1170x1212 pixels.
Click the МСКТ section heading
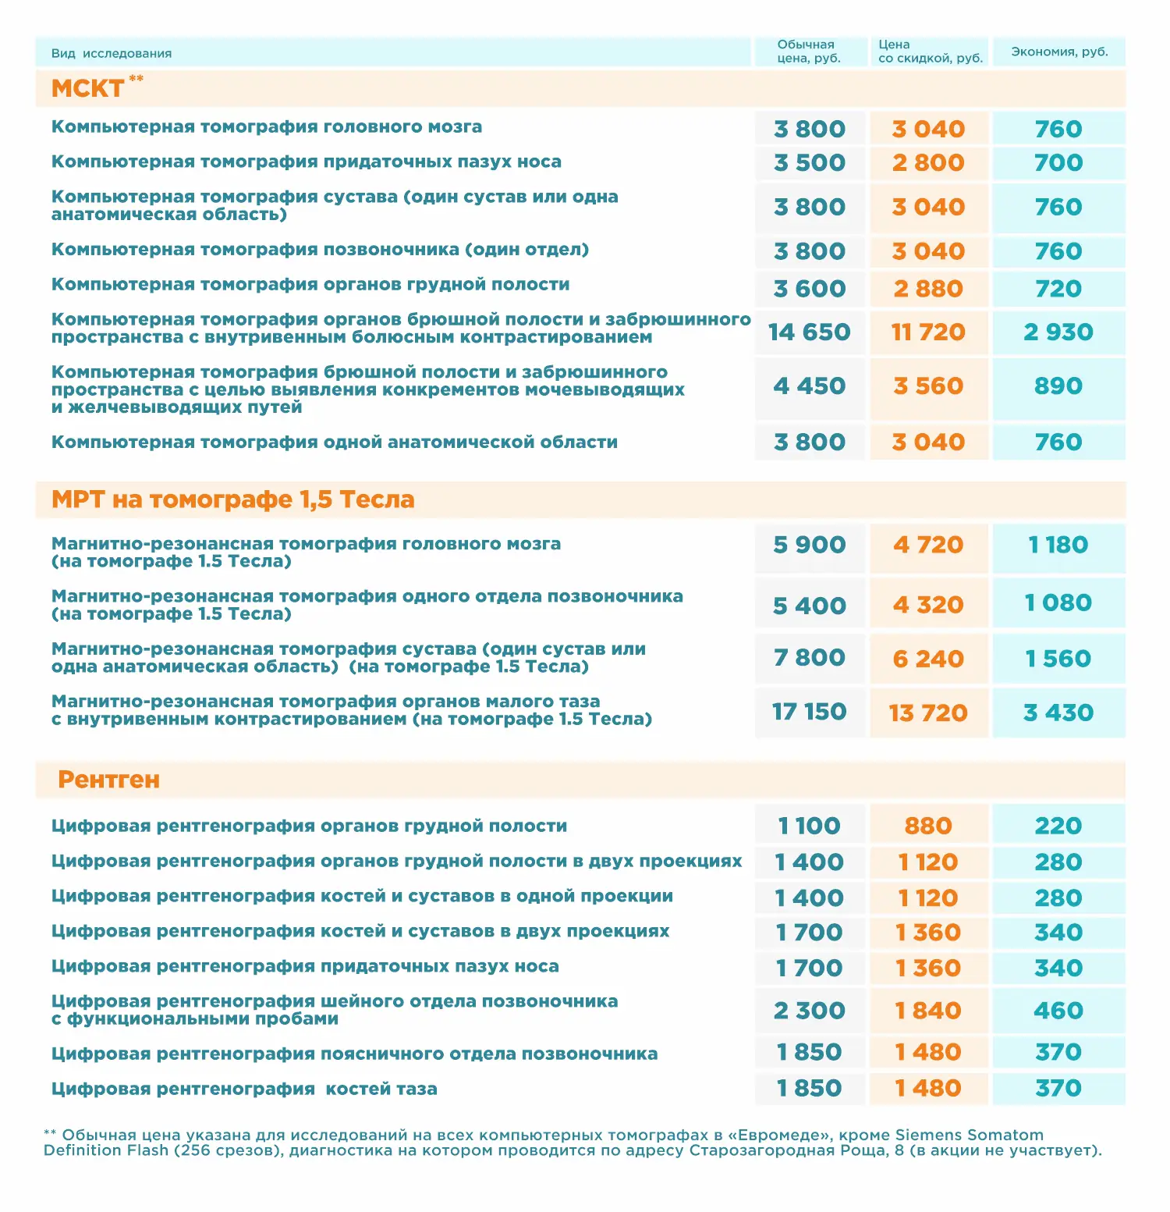click(x=87, y=88)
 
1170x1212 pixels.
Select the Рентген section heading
click(x=108, y=780)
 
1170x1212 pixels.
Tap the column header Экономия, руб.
click(x=1059, y=52)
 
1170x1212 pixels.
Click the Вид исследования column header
click(x=112, y=53)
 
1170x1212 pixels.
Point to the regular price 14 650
click(x=809, y=332)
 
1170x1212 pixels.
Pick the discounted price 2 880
click(x=928, y=289)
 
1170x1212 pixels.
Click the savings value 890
click(x=1058, y=386)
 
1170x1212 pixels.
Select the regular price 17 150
click(x=809, y=712)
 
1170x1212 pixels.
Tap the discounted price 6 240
click(x=928, y=659)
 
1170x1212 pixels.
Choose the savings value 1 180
click(x=1058, y=545)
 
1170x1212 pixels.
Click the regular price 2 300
click(x=809, y=1011)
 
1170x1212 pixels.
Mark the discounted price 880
click(x=928, y=826)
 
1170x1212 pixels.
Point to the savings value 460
click(x=1058, y=1011)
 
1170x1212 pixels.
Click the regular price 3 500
click(x=809, y=162)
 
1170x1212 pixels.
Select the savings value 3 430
click(x=1058, y=713)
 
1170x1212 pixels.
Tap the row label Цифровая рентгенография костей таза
click(x=244, y=1089)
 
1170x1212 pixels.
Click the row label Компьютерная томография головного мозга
click(x=267, y=126)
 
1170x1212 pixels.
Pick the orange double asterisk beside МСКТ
click(x=136, y=78)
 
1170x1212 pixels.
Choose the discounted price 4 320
click(x=928, y=605)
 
